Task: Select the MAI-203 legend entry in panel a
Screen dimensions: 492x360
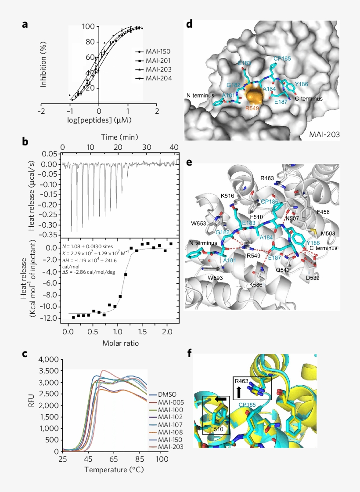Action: (x=158, y=70)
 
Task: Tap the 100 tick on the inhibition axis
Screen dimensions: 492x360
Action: (x=90, y=26)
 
